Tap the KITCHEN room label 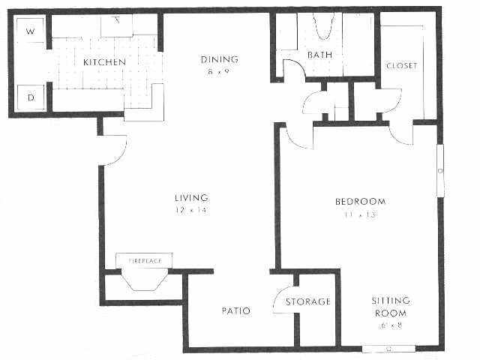pos(104,61)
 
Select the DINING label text pos(219,60)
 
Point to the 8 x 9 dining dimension pos(219,72)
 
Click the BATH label pos(319,55)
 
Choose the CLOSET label pos(401,65)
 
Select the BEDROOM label pos(360,202)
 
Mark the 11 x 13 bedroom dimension pos(360,214)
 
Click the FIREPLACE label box pos(144,260)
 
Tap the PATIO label pos(235,310)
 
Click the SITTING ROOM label pos(390,307)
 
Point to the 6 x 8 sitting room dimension pos(390,325)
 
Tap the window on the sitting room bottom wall pos(388,349)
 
